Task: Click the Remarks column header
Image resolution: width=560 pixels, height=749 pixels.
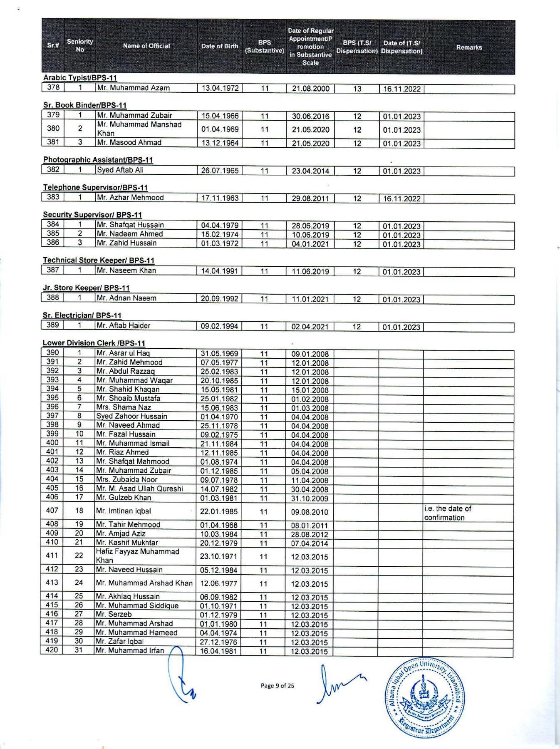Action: [469, 47]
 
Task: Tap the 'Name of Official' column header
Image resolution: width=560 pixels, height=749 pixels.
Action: [146, 46]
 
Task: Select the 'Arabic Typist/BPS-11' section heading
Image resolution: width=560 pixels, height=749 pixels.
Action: [80, 78]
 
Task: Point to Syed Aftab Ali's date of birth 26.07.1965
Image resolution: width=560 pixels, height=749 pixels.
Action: [220, 171]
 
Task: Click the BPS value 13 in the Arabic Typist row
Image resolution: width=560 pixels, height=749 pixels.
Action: [357, 89]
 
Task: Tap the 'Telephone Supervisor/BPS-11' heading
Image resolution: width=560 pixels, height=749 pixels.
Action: [95, 188]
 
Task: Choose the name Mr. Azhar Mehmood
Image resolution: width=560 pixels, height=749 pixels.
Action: [130, 198]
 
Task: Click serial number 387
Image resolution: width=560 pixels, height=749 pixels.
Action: [53, 270]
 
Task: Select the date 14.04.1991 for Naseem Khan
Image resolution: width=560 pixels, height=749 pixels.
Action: [219, 271]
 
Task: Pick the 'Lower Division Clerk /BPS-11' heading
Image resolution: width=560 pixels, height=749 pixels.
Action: [94, 343]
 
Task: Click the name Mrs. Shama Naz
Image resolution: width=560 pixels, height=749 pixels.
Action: [124, 407]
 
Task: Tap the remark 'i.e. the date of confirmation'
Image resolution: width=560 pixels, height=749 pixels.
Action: [448, 513]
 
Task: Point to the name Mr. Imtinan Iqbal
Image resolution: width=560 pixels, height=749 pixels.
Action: [124, 511]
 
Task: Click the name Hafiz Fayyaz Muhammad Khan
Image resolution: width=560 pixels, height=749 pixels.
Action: [137, 556]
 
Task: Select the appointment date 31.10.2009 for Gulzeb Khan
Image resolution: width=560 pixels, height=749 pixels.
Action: [310, 499]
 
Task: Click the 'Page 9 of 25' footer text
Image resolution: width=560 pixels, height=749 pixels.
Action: [277, 686]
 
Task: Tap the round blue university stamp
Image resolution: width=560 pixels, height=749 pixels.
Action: [425, 698]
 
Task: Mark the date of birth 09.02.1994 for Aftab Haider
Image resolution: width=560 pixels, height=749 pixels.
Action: [219, 326]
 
